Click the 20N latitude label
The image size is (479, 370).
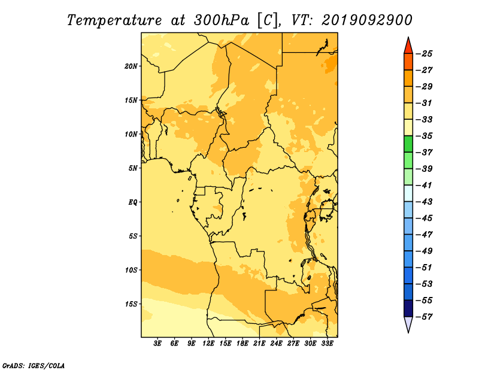point(131,66)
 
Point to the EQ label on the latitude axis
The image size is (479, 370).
point(133,202)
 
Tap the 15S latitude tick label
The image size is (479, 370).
point(131,304)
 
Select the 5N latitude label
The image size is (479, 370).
point(133,168)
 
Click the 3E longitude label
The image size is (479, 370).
point(157,343)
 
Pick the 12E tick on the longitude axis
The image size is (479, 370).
point(208,343)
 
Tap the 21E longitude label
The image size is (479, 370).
point(259,343)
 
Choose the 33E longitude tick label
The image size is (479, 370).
point(327,343)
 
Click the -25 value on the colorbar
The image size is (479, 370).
point(424,54)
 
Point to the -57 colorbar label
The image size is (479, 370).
point(424,317)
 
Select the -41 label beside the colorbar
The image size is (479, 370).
point(424,186)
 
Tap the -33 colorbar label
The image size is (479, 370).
point(424,120)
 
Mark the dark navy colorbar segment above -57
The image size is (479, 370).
point(408,308)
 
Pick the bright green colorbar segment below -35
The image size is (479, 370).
point(408,144)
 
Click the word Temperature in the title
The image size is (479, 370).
point(114,21)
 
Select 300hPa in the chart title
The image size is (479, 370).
point(221,20)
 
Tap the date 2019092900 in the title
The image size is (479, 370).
point(367,20)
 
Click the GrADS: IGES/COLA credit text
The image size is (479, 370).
point(34,366)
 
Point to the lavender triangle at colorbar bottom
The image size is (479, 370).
point(408,323)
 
